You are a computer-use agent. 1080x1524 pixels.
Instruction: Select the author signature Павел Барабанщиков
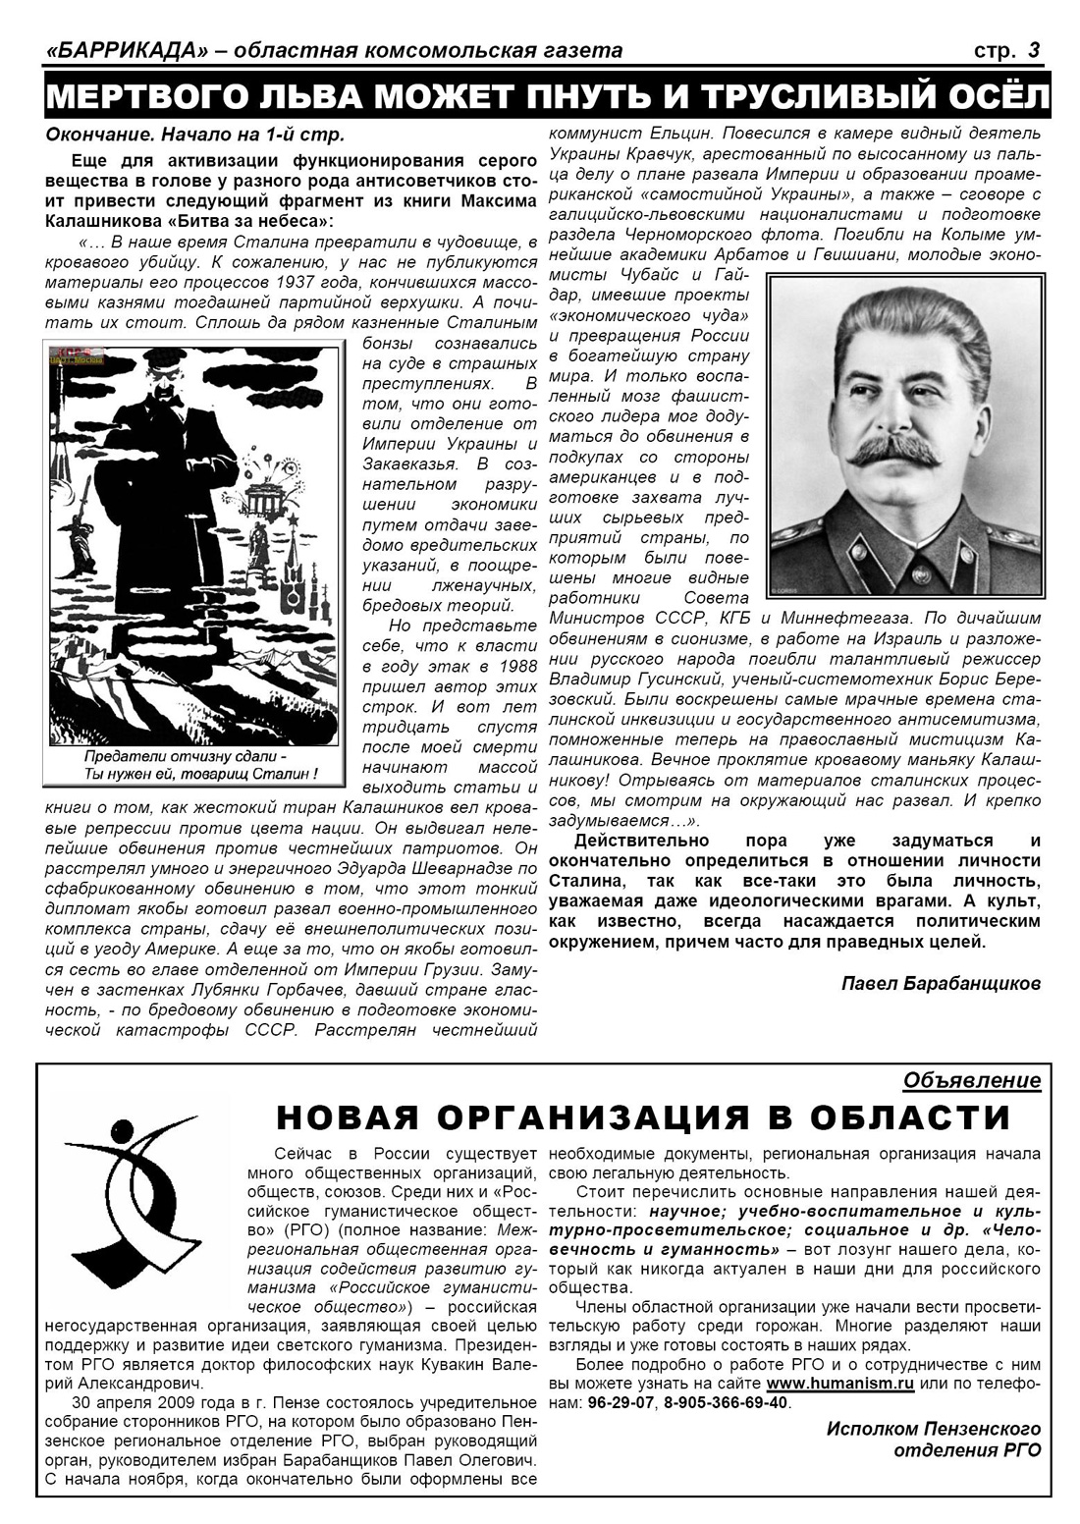click(x=942, y=983)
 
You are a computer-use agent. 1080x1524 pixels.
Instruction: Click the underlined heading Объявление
click(x=972, y=1080)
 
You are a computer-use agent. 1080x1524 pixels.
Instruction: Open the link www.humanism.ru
click(x=840, y=1383)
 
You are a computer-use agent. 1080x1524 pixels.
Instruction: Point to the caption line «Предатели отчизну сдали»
click(x=186, y=758)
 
